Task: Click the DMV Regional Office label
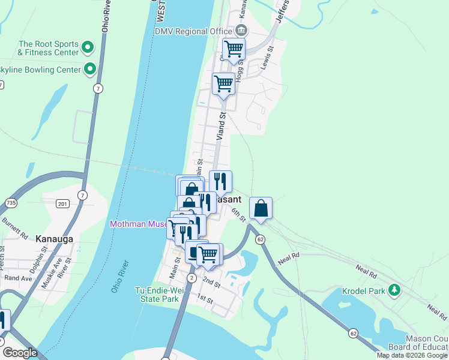[193, 31]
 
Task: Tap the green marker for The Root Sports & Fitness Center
[88, 47]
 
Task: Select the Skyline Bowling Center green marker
[90, 70]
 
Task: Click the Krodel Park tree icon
[394, 290]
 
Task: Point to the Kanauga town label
[53, 239]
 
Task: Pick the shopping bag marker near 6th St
[261, 208]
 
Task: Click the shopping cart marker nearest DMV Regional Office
[234, 49]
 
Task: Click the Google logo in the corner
[20, 353]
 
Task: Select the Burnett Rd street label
[15, 229]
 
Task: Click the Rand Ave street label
[18, 278]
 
